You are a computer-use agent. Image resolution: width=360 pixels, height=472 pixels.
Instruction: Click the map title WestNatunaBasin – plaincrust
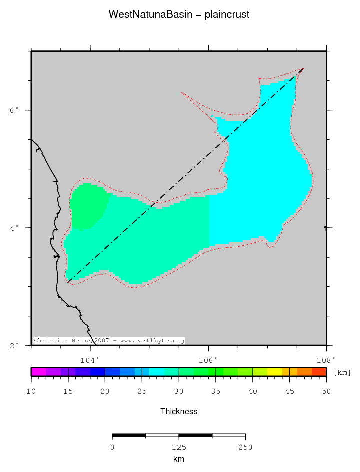tap(179, 15)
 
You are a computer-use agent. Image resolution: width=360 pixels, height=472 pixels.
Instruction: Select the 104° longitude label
tap(90, 359)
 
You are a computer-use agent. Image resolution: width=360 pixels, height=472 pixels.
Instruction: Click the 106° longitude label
tap(208, 359)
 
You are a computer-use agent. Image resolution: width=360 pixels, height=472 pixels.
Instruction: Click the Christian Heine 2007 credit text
tap(109, 341)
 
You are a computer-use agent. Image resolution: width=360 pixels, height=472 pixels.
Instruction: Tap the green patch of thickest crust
tap(88, 206)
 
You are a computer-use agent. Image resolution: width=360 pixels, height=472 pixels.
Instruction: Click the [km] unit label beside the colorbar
tap(342, 373)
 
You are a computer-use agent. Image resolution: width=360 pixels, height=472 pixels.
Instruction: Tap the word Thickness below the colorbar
tap(179, 412)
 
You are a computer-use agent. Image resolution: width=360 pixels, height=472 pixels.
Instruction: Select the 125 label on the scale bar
tap(179, 447)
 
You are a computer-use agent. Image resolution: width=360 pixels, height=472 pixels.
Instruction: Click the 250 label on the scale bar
tap(245, 447)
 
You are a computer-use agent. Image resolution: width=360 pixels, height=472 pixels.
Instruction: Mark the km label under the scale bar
tap(179, 459)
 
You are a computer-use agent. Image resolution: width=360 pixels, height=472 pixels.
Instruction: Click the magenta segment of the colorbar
tap(38, 372)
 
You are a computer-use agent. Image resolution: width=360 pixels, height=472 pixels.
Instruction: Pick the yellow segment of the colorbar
tap(275, 372)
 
